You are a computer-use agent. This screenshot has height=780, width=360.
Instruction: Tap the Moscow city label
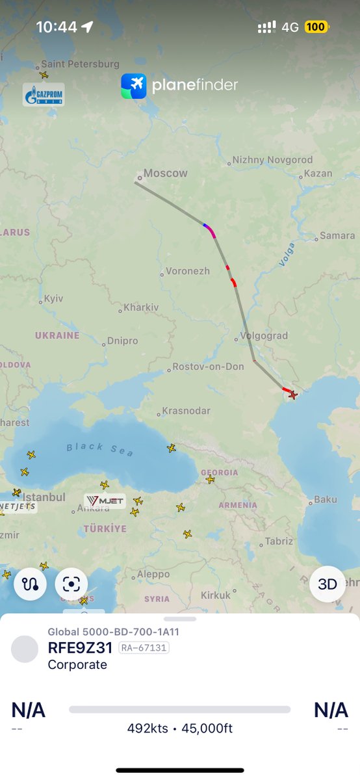(165, 174)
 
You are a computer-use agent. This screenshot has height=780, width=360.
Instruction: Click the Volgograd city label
(264, 336)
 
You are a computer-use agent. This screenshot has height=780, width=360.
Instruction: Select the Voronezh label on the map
(188, 271)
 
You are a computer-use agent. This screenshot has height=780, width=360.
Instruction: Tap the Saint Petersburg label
(80, 64)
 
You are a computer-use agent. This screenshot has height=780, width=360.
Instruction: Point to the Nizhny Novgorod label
(272, 160)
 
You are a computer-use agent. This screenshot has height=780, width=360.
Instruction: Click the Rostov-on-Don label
(208, 367)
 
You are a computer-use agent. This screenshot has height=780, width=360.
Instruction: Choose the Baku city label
(326, 500)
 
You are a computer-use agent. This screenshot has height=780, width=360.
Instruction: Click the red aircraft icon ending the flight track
(292, 395)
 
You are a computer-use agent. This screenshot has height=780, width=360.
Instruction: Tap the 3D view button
(327, 584)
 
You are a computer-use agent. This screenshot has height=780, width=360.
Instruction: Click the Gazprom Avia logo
(44, 95)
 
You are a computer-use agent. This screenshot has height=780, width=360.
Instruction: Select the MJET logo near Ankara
(105, 500)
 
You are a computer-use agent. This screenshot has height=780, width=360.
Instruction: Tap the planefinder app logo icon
(134, 86)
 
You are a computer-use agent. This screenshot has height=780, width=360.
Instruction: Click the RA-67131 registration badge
(144, 648)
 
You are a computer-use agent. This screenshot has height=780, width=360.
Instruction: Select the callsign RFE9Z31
(81, 648)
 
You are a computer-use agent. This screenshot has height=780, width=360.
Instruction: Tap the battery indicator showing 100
(316, 27)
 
